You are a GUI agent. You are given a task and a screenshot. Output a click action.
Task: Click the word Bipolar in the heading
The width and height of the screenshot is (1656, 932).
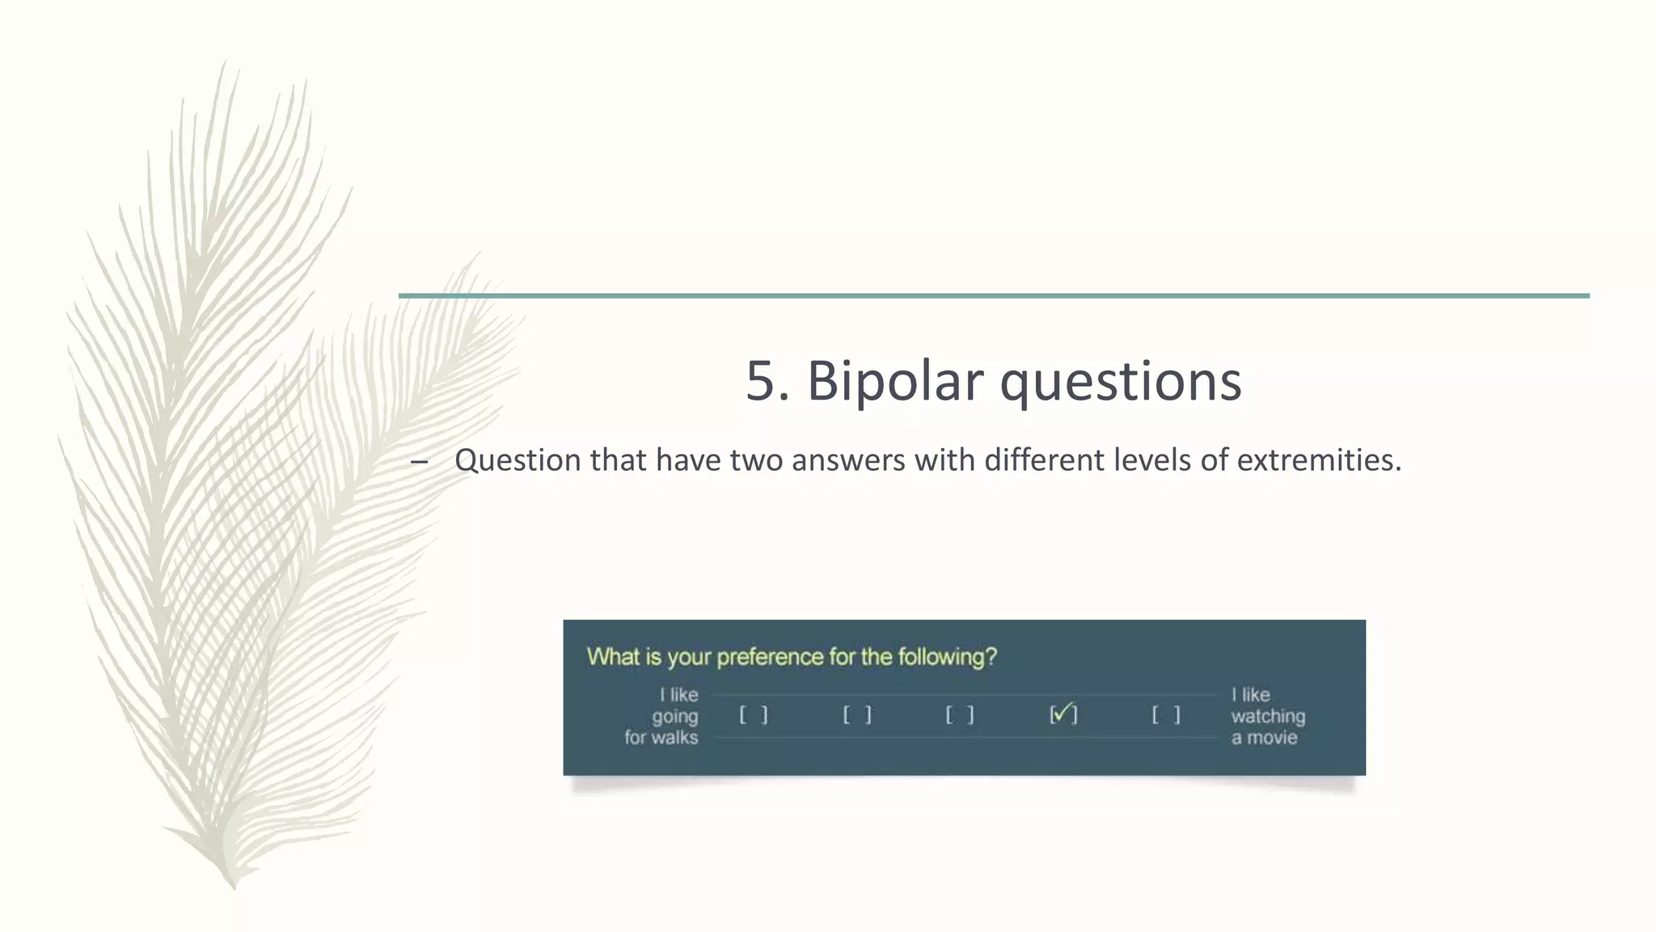click(x=895, y=380)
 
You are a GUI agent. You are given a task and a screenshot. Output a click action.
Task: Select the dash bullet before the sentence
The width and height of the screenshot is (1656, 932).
click(x=419, y=462)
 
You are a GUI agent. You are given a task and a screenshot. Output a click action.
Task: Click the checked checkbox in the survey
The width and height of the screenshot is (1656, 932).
click(x=1063, y=714)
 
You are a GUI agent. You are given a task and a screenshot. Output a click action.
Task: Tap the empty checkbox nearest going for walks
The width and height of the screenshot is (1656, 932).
click(x=754, y=715)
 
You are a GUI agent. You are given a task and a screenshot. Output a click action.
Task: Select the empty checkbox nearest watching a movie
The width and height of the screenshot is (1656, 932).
click(x=1166, y=715)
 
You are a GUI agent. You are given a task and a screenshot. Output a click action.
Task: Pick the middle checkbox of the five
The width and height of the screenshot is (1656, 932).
click(x=960, y=715)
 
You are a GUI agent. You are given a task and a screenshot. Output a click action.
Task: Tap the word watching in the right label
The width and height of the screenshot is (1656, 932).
click(x=1268, y=716)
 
